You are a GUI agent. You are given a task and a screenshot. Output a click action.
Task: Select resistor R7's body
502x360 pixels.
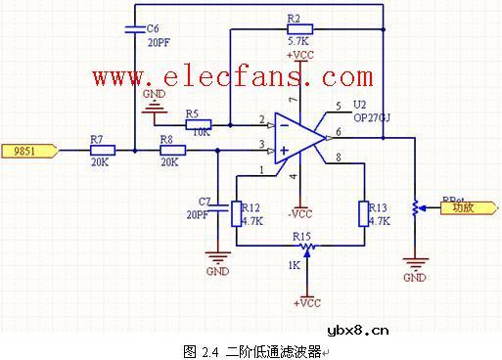coord(102,150)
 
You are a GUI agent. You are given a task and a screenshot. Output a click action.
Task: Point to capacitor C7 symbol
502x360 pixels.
coord(218,207)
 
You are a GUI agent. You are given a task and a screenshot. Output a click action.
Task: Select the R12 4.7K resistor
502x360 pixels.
coord(237,212)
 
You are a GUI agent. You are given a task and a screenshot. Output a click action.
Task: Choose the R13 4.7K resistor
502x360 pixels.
coord(364,212)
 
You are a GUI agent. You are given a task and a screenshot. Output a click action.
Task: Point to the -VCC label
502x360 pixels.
coord(300,213)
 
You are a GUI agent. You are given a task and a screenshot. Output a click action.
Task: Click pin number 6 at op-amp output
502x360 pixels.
coord(338,130)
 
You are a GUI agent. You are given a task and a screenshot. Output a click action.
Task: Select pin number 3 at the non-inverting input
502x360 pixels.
coord(261,145)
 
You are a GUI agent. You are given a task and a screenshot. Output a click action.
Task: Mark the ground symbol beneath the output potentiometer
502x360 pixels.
coord(415,263)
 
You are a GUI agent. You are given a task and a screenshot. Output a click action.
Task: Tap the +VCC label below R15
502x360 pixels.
coord(307,302)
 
